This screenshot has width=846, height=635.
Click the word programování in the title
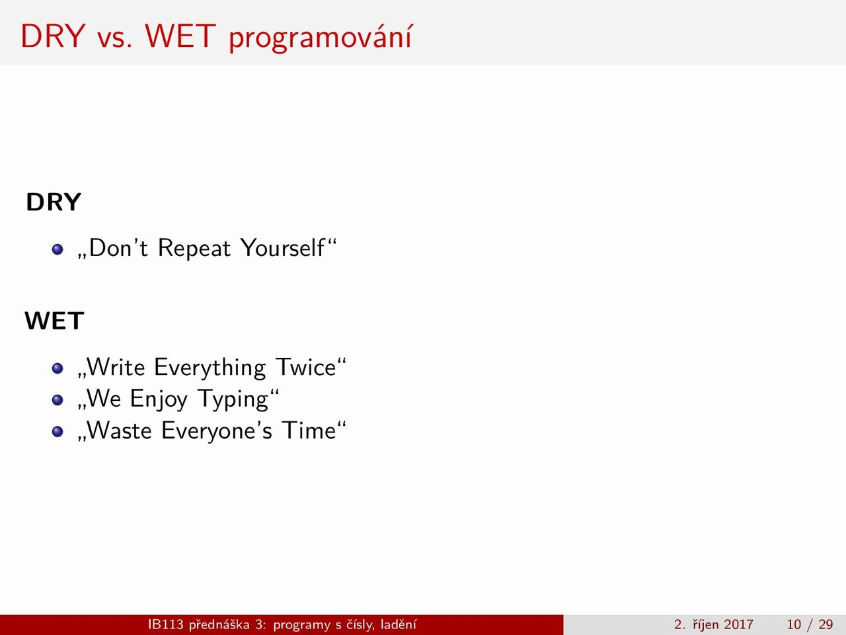[321, 38]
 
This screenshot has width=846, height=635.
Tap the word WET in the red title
[180, 36]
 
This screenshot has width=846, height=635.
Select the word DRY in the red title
[53, 36]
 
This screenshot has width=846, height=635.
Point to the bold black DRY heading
[54, 202]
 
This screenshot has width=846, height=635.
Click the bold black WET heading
[54, 321]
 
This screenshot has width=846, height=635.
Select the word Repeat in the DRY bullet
[194, 248]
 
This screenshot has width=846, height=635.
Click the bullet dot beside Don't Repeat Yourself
[58, 249]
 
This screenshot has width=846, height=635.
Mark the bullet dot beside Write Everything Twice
[58, 368]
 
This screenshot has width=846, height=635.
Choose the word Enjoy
[159, 400]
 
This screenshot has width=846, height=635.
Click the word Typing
[233, 400]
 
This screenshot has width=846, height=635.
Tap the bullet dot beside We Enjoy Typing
[58, 400]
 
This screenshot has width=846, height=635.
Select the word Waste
[119, 430]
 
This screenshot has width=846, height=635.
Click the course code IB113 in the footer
[166, 624]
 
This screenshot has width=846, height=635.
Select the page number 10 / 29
[810, 624]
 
